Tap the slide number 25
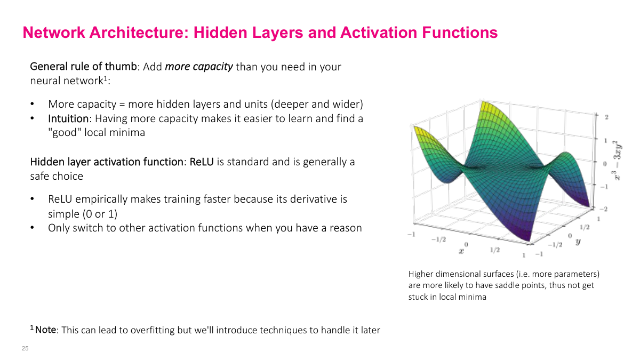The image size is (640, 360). click(25, 348)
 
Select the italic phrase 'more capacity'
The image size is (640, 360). click(198, 67)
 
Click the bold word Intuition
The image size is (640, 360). click(68, 118)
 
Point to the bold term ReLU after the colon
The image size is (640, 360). click(202, 162)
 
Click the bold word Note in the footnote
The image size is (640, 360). click(45, 330)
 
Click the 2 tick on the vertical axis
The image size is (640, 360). click(606, 116)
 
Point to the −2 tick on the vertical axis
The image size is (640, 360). click(604, 209)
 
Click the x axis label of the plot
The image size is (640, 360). click(461, 250)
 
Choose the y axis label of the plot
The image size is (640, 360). click(578, 242)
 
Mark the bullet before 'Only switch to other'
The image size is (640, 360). click(33, 228)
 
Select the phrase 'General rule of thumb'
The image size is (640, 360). click(84, 67)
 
